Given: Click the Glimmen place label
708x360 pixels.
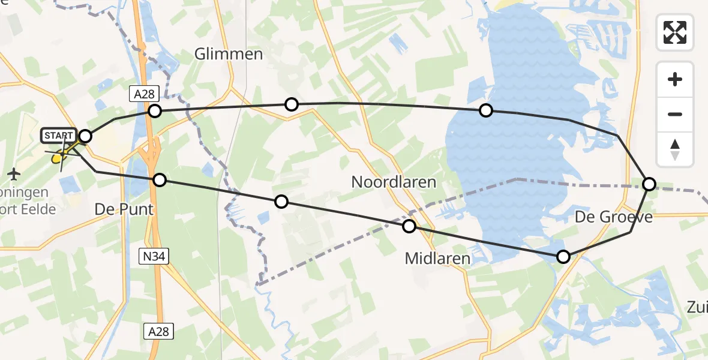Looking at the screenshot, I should (229, 54).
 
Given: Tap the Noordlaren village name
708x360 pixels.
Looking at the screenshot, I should (393, 182).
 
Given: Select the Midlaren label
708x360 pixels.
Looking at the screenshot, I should (437, 259).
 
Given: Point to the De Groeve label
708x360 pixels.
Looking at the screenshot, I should (613, 217).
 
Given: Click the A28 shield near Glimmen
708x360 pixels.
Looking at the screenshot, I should (139, 94).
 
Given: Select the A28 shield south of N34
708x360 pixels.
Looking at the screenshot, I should (159, 331).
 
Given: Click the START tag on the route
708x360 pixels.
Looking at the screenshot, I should (59, 136).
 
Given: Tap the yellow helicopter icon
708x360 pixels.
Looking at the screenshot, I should (59, 157).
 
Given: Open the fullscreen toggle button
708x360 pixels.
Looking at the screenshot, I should (675, 32).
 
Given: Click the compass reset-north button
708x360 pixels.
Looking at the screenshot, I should (675, 149).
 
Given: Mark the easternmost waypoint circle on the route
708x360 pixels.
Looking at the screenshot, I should (649, 184).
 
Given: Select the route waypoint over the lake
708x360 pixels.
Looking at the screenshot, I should (486, 110).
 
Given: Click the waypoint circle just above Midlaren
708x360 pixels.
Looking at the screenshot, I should (409, 226).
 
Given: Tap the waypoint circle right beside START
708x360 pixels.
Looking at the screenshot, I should (85, 136).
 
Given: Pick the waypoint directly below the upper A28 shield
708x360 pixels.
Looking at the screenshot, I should (155, 110).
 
